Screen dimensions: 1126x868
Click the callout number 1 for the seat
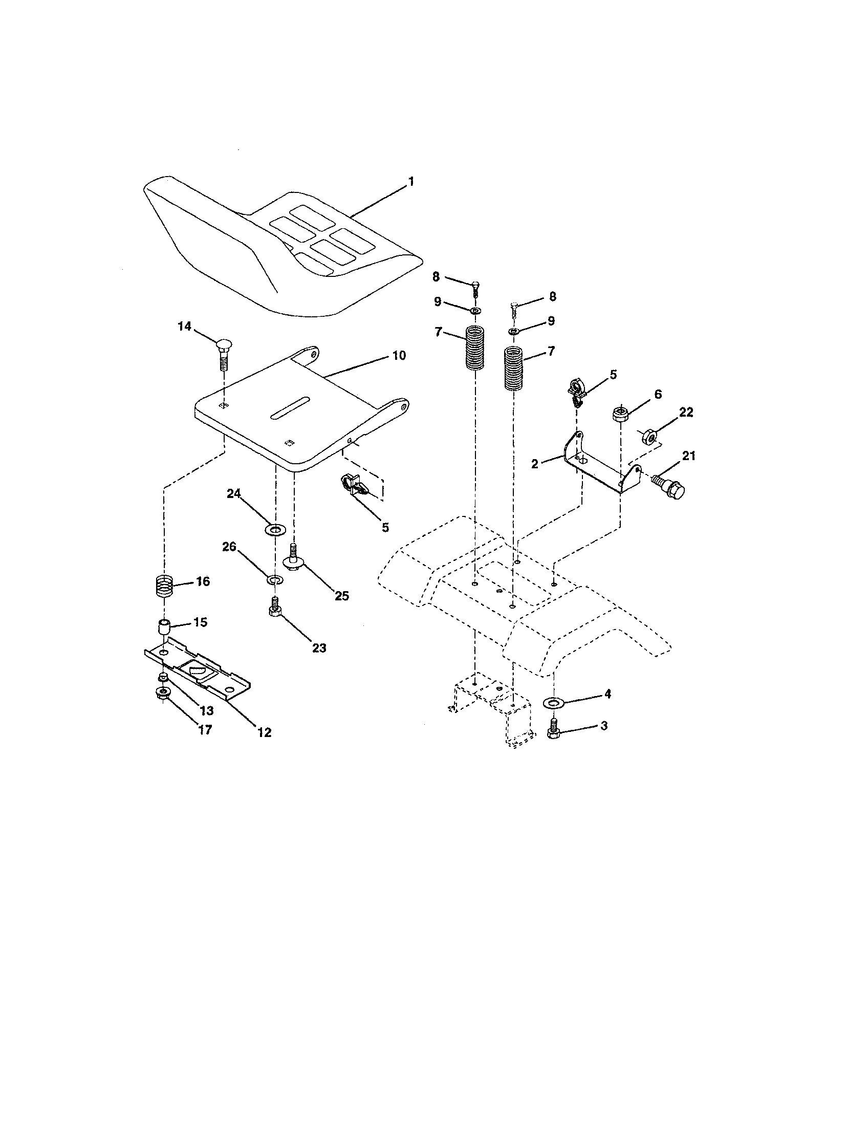[411, 182]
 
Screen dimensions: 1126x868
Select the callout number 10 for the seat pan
[399, 355]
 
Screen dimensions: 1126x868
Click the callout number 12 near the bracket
[264, 732]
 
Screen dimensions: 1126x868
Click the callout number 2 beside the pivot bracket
[534, 464]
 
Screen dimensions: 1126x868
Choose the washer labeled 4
[554, 702]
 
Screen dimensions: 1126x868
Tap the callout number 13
[206, 710]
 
